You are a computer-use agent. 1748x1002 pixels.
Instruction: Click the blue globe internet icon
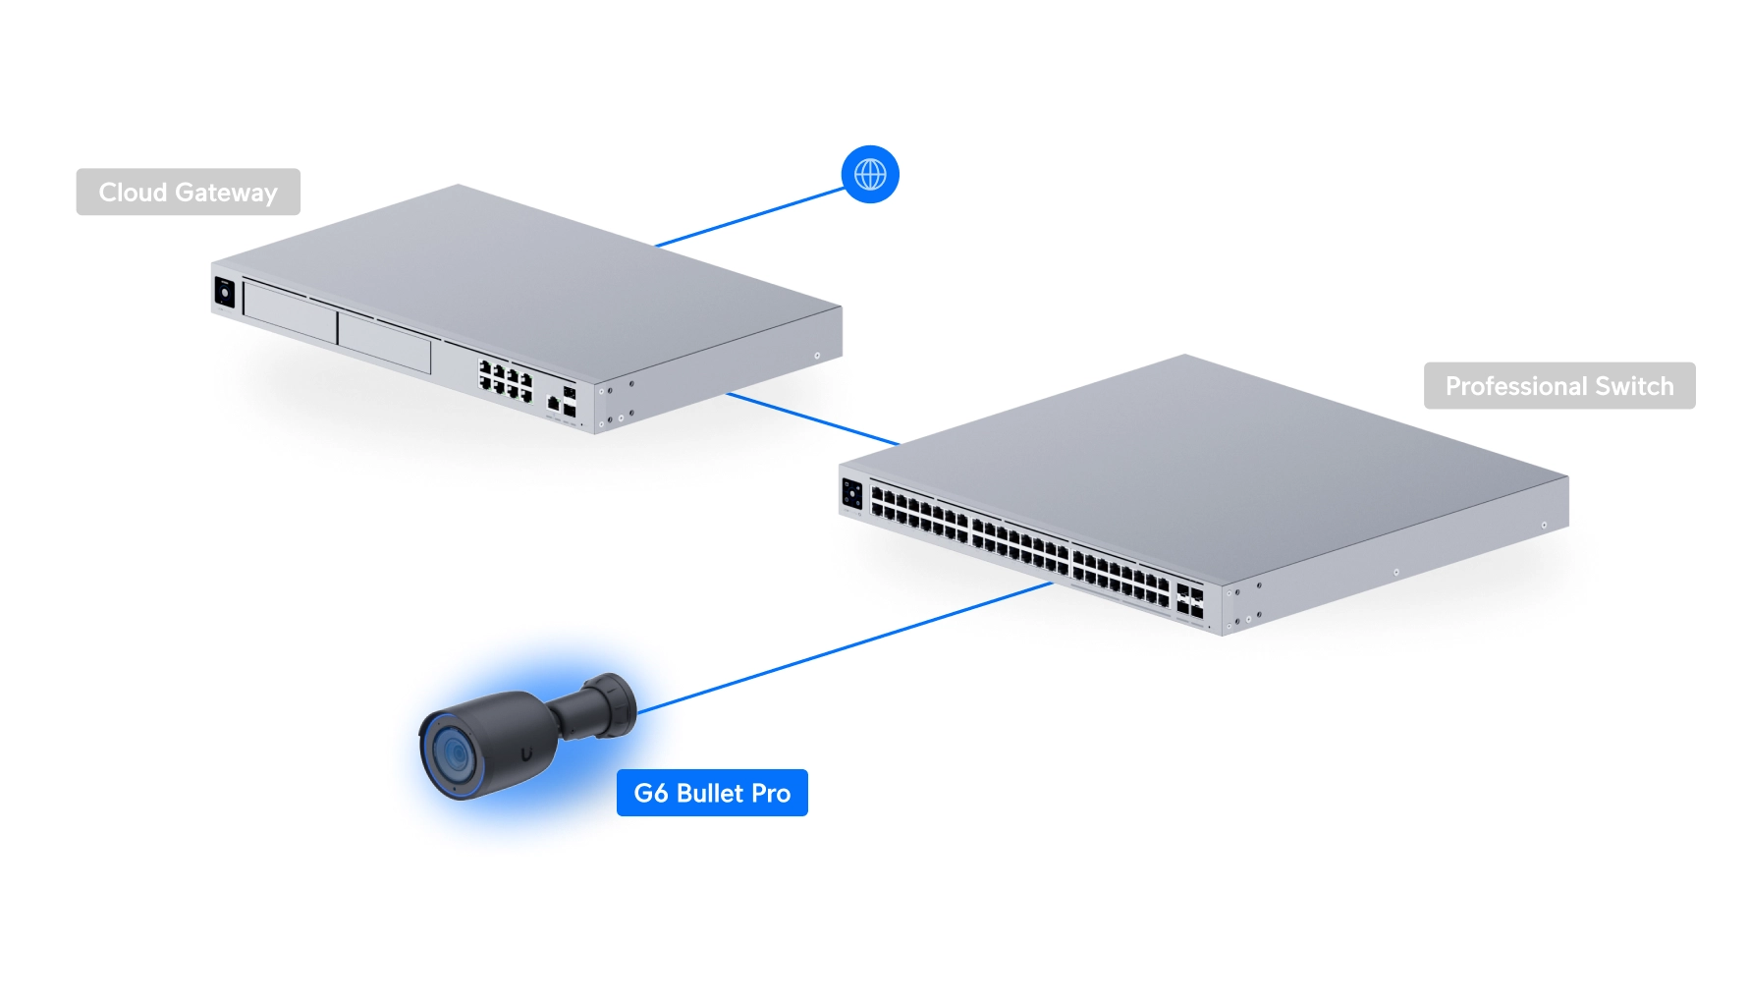(870, 175)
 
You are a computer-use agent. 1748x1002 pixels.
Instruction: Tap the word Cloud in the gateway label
(133, 193)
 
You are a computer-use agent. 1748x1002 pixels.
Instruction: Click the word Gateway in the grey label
(226, 194)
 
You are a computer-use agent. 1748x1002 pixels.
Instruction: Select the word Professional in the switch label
(1516, 386)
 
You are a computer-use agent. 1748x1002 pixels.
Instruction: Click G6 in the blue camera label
(650, 793)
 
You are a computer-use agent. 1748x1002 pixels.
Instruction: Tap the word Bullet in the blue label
(710, 793)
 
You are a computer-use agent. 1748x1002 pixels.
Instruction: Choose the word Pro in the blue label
(771, 793)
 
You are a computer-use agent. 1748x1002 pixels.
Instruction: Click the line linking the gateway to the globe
(750, 217)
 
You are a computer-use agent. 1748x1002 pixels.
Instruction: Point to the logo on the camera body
(527, 753)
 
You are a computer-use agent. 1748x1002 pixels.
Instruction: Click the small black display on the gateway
(225, 293)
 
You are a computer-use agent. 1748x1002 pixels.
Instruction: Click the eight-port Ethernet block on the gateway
(505, 380)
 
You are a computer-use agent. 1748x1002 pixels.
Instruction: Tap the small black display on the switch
(851, 494)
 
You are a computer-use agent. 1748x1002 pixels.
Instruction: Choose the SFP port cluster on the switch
(1189, 601)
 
